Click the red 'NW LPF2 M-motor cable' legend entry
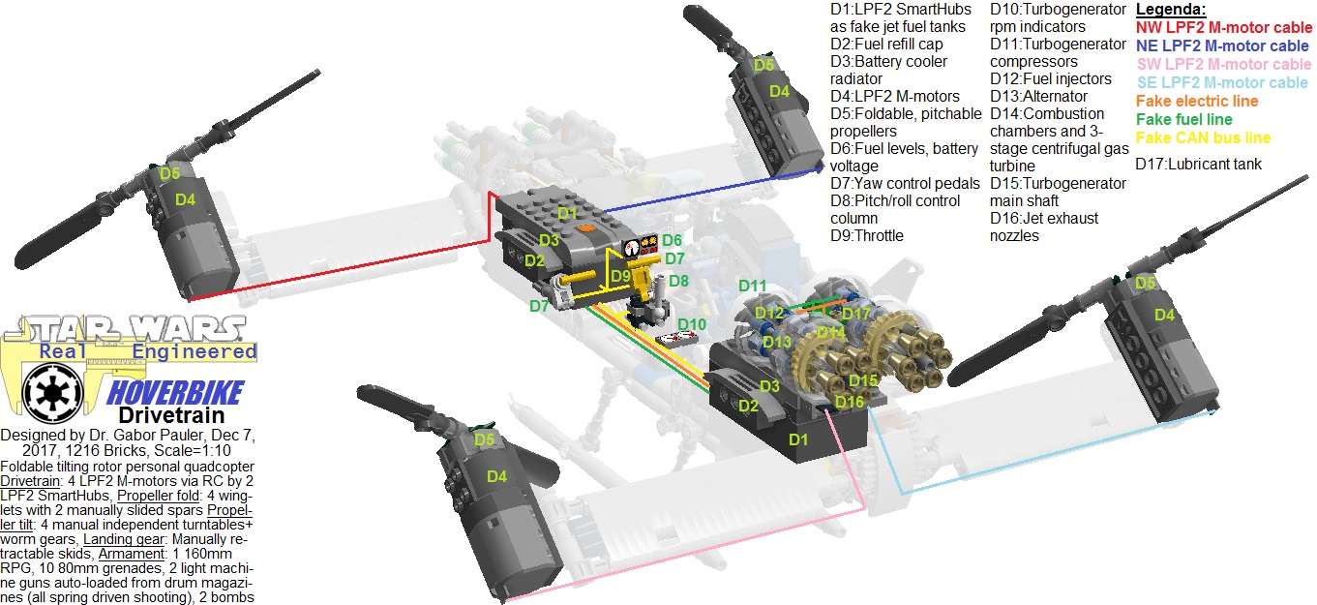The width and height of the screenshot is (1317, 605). pyautogui.click(x=1223, y=28)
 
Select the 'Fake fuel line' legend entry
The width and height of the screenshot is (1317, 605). pyautogui.click(x=1183, y=120)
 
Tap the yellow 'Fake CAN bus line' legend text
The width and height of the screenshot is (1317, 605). pyautogui.click(x=1203, y=138)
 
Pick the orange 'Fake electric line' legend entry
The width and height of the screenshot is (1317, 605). pyautogui.click(x=1197, y=102)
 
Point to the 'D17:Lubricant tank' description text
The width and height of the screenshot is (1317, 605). pyautogui.click(x=1198, y=165)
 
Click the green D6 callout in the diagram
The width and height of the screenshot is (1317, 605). pyautogui.click(x=673, y=240)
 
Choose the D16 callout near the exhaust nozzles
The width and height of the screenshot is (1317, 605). pyautogui.click(x=849, y=402)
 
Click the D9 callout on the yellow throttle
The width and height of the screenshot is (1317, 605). pyautogui.click(x=621, y=276)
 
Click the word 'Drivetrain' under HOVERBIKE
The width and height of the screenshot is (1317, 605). pyautogui.click(x=158, y=415)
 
